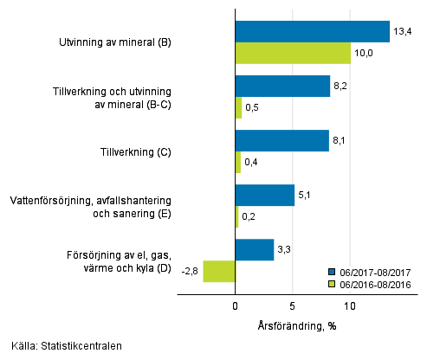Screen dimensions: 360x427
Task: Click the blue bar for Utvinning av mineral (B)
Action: point(313,31)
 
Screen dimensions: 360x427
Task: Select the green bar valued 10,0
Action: point(293,53)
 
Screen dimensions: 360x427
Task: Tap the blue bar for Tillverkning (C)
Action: point(282,141)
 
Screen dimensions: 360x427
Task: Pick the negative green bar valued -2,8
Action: point(219,271)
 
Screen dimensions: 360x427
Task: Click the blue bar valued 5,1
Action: point(265,196)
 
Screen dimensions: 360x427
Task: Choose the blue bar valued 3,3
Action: point(255,250)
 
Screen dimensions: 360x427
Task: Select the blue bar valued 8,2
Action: point(282,87)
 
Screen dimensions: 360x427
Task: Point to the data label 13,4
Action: point(402,31)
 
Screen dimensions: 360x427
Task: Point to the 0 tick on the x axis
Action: point(236,306)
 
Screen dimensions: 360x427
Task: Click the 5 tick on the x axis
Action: point(293,306)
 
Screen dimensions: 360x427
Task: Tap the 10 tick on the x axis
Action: point(350,306)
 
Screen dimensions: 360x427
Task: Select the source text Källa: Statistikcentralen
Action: point(62,346)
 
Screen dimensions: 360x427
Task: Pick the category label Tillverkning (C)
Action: point(134,152)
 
